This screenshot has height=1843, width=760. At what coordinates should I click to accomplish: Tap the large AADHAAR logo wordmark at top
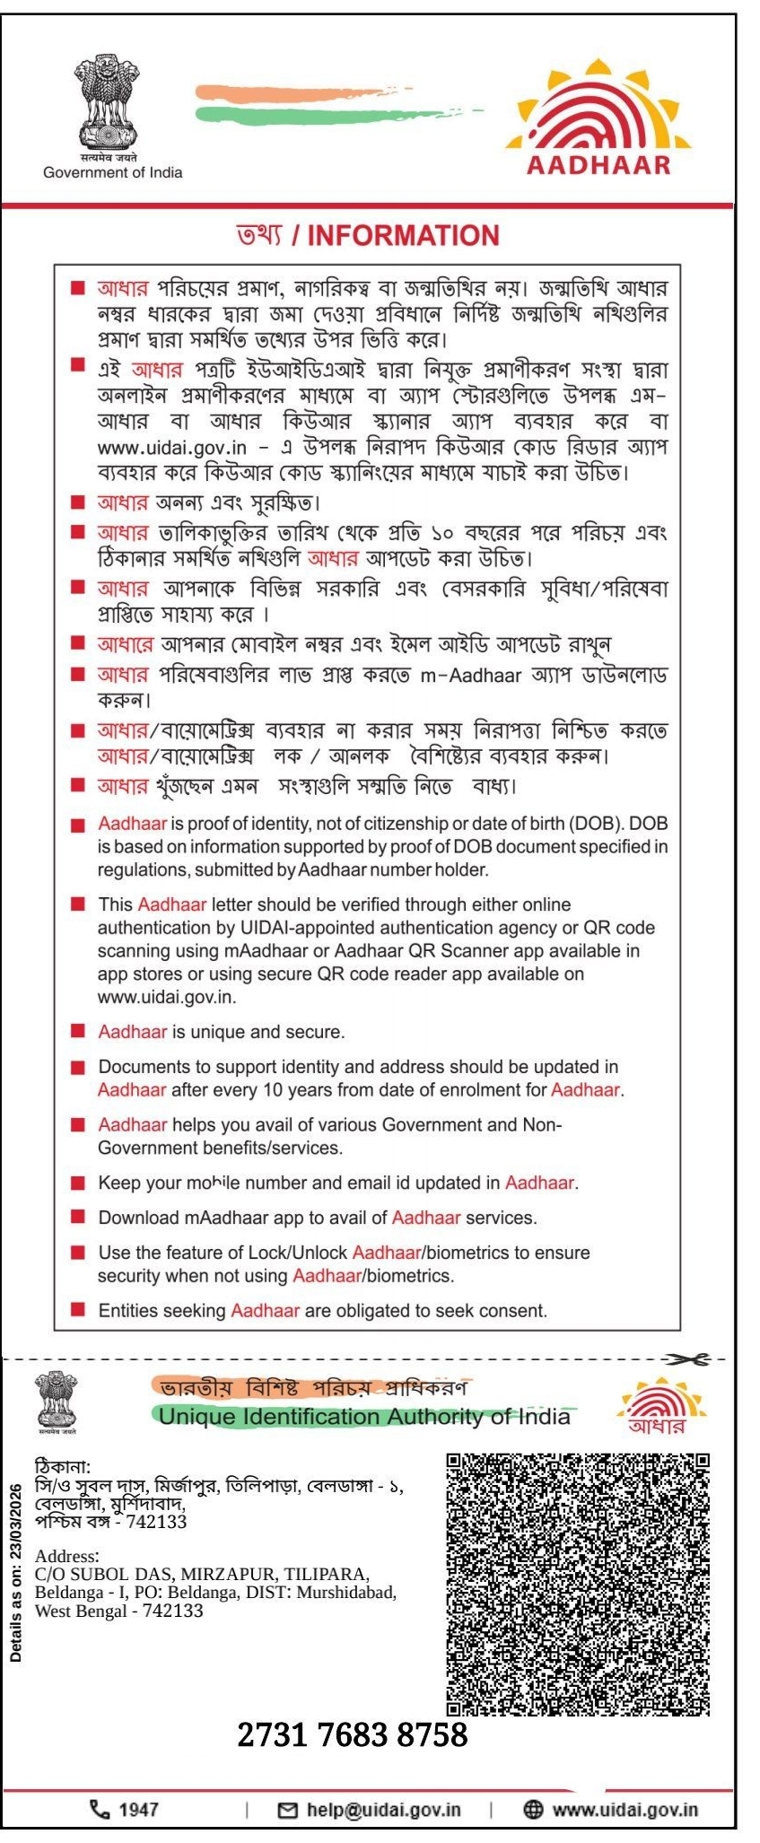coord(598,164)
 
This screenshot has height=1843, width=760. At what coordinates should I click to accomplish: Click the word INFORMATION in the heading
coord(403,235)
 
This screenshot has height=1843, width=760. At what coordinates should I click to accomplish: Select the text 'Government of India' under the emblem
coord(112,172)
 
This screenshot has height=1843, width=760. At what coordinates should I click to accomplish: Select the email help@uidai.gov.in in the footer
coord(383,1810)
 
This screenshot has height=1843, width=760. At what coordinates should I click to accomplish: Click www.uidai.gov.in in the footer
coord(625,1810)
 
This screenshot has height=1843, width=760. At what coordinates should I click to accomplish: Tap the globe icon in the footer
coord(532,1810)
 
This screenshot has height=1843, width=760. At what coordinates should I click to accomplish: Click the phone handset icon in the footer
coord(99,1810)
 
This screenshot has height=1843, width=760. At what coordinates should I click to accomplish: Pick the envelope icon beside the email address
coord(288,1810)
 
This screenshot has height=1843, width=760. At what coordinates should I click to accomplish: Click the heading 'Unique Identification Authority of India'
coord(363,1417)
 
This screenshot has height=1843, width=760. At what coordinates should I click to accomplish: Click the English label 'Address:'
coord(67,1557)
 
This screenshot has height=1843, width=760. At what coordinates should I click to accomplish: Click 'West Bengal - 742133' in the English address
coord(118,1611)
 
